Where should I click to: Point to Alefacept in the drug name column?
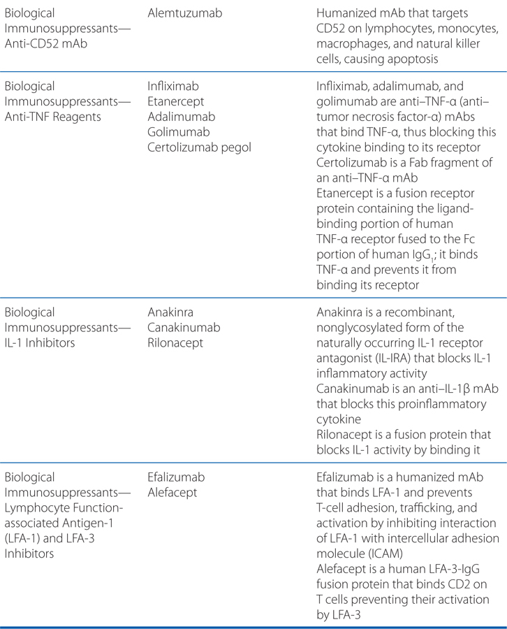pyautogui.click(x=172, y=493)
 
